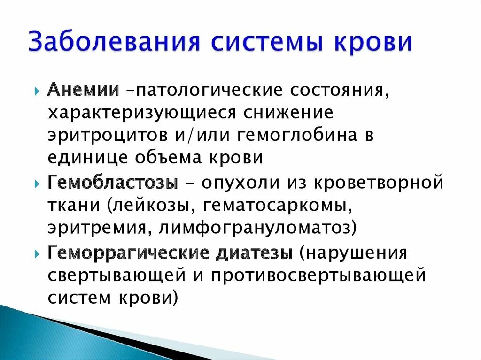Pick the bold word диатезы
(254, 253)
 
